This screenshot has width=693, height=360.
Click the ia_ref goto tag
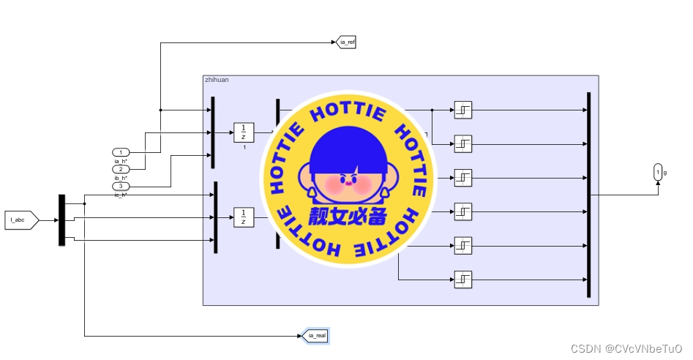346,42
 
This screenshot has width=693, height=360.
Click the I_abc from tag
20,220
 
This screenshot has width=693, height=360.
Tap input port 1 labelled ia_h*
121,152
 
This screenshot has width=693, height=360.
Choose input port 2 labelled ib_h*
121,169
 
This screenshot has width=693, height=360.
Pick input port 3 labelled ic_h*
121,187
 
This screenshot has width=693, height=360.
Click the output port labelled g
657,173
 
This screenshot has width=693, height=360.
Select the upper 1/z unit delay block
243,132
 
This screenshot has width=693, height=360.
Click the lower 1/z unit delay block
243,217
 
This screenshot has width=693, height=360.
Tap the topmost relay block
462,110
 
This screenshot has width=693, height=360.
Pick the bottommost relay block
462,279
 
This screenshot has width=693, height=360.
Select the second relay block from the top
462,143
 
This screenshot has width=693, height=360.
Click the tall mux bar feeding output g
588,195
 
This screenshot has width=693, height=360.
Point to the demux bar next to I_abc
61,220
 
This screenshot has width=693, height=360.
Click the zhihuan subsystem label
217,80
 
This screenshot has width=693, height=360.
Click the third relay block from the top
462,177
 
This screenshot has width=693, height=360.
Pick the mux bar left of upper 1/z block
212,132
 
